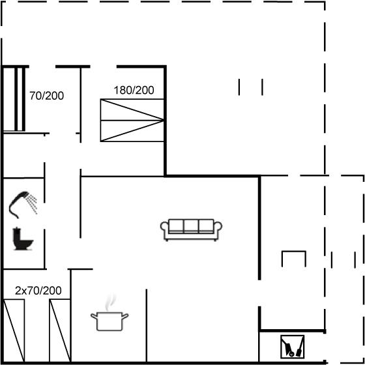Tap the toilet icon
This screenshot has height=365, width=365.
[23, 239]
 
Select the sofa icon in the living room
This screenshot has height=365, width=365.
[191, 229]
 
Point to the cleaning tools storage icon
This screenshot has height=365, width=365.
[293, 347]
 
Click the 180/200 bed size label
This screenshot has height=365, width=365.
[134, 91]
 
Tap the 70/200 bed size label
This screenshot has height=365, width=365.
[46, 96]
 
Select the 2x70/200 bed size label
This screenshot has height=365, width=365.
[38, 291]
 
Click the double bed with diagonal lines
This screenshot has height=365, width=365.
[132, 120]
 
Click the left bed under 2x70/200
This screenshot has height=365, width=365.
[14, 330]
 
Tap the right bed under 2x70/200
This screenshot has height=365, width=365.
[60, 330]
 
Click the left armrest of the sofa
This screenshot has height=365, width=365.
[164, 229]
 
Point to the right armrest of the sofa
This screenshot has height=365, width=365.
[218, 229]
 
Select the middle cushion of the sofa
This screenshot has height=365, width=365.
[191, 226]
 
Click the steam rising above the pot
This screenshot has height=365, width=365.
[109, 302]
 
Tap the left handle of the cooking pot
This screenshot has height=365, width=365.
[94, 316]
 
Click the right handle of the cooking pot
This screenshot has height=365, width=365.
[125, 316]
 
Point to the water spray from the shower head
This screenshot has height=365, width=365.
[32, 204]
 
